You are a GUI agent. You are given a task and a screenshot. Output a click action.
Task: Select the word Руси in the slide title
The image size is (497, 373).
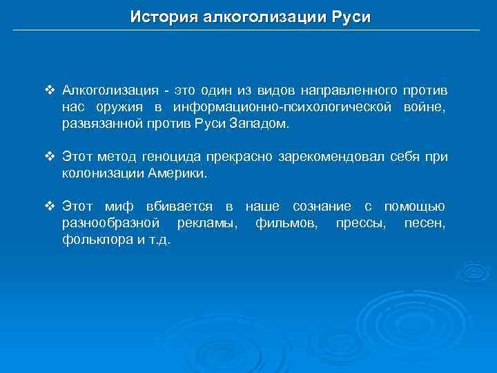point(351,17)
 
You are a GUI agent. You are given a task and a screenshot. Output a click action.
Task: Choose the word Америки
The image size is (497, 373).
point(177,173)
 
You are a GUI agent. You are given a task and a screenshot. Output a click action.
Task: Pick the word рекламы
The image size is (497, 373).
point(207,223)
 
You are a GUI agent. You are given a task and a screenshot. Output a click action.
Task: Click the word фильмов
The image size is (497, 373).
point(284,223)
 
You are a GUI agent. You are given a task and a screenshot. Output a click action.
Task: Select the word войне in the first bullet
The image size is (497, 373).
point(429,107)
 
